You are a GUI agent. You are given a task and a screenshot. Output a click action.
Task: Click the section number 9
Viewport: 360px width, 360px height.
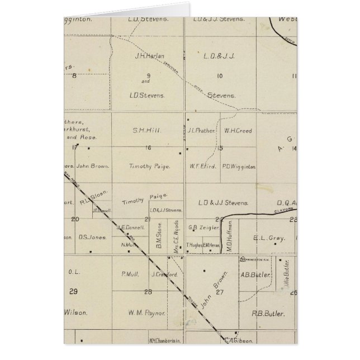coord(149,76)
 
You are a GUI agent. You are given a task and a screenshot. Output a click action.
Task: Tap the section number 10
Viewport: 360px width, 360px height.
coord(220,76)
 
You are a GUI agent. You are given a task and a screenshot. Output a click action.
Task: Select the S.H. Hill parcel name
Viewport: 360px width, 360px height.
coord(148,130)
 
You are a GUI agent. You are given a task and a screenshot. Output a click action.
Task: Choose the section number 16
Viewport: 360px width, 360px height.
coord(148,148)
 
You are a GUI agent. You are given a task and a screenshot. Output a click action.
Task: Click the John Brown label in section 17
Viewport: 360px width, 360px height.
coord(91,166)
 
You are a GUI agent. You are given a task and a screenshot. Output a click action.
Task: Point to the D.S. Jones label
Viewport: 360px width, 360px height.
coord(92,237)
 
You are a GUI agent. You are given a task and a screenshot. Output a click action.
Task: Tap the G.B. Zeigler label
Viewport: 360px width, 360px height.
coord(200,227)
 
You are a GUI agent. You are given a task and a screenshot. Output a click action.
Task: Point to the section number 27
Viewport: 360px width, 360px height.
coord(220,291)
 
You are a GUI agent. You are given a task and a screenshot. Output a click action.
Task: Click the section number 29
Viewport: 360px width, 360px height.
coord(73,291)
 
